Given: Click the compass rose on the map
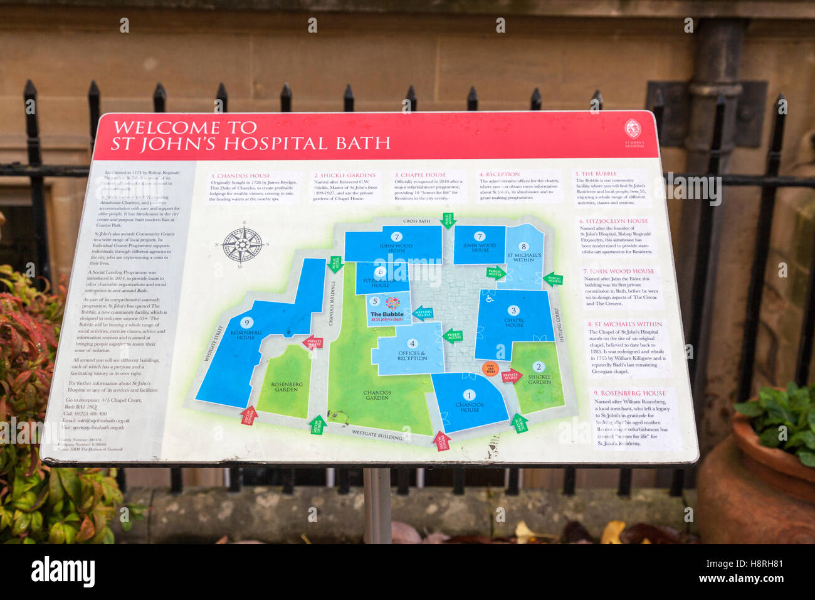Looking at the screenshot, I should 242,245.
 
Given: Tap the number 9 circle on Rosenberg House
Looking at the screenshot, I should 246,323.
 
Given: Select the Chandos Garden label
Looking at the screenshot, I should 377,395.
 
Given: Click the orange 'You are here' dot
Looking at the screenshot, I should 490,369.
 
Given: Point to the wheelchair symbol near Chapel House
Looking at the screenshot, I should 490,299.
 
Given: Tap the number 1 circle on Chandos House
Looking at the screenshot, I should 469,395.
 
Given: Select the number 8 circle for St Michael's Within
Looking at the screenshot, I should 523,247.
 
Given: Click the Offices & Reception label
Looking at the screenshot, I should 412,355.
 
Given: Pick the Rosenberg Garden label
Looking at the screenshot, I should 287,387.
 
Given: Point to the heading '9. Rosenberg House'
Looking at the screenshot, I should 629,393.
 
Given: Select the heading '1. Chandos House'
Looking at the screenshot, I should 241,176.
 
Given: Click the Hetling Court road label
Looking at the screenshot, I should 557,324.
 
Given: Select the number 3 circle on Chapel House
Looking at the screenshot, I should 513,310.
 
